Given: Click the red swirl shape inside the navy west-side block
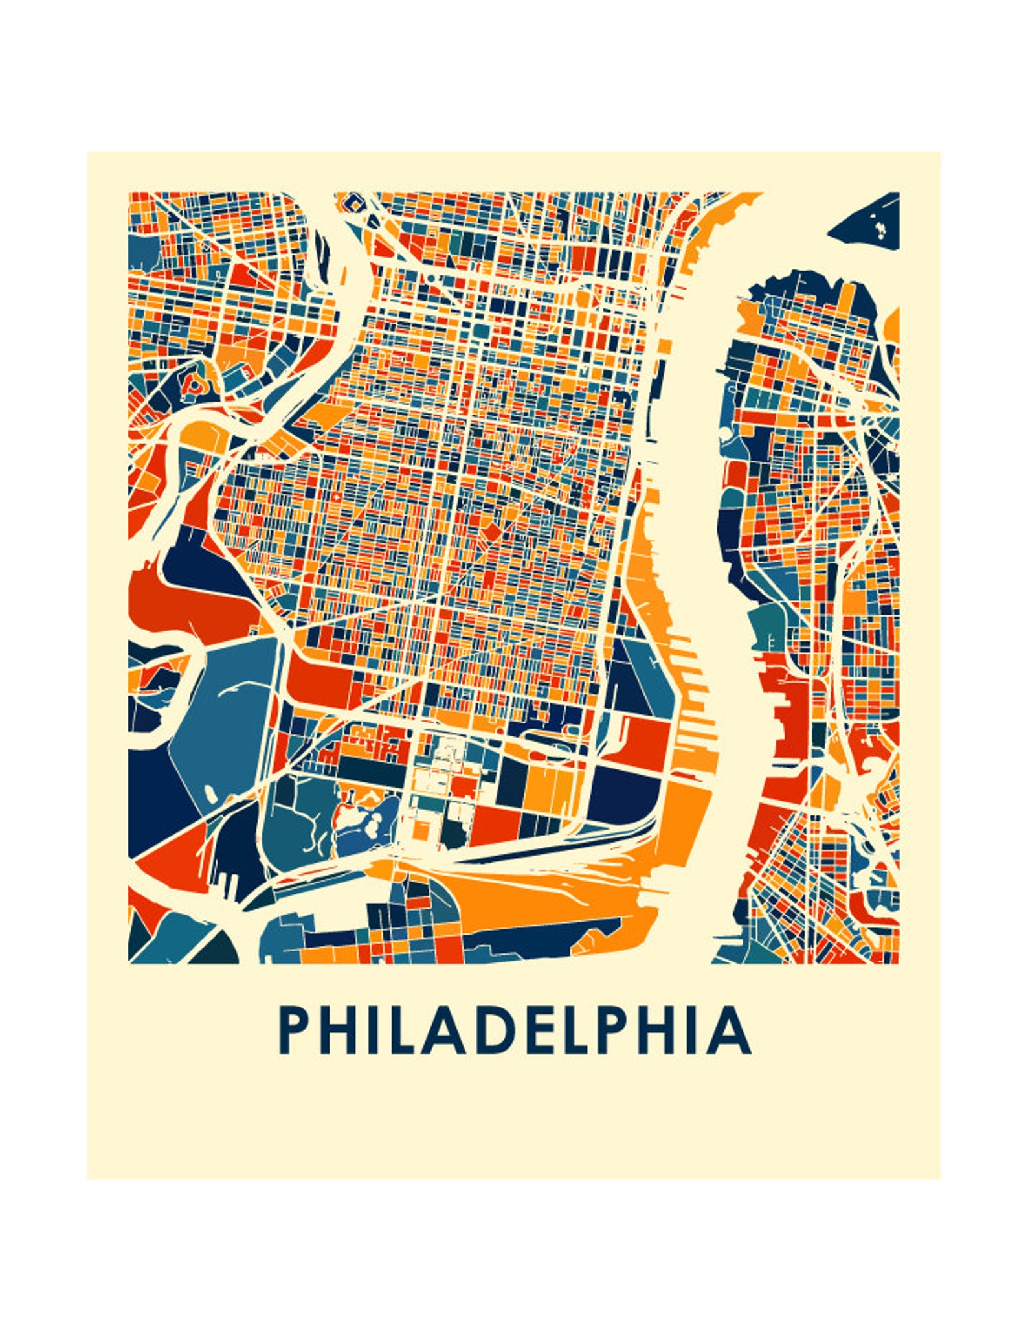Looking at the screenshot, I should [x=193, y=385].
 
